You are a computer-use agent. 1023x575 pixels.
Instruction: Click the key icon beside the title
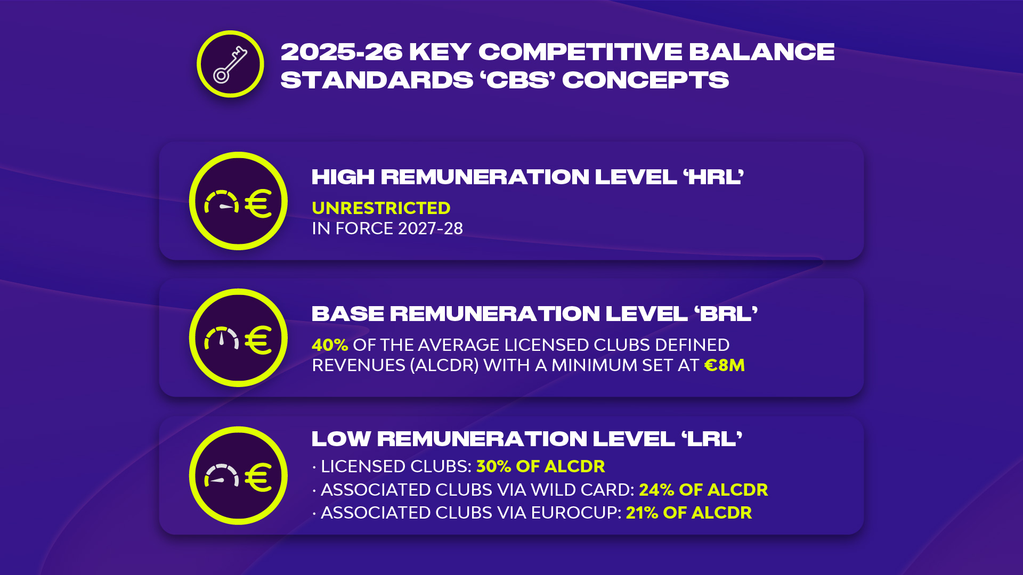coord(230,64)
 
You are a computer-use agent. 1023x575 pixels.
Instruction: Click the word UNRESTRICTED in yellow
coord(381,208)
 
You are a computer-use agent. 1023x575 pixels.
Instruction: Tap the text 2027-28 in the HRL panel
coord(431,228)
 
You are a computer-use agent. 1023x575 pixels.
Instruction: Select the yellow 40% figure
coord(330,345)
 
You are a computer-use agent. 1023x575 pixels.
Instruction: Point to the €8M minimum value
coord(725,365)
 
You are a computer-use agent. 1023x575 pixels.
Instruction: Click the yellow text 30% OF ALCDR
coord(541,466)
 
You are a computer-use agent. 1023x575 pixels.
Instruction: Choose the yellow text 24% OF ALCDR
coord(703,490)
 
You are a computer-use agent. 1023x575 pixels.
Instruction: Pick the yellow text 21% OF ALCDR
coord(689,513)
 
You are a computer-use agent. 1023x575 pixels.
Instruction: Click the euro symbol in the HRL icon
coord(258,203)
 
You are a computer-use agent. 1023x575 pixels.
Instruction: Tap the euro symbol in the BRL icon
coord(258,340)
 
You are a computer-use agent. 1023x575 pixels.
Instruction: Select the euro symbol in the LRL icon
coord(258,478)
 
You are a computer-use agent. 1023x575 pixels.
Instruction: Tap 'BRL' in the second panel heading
coord(726,314)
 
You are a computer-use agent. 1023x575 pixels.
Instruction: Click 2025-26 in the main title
coord(342,52)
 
